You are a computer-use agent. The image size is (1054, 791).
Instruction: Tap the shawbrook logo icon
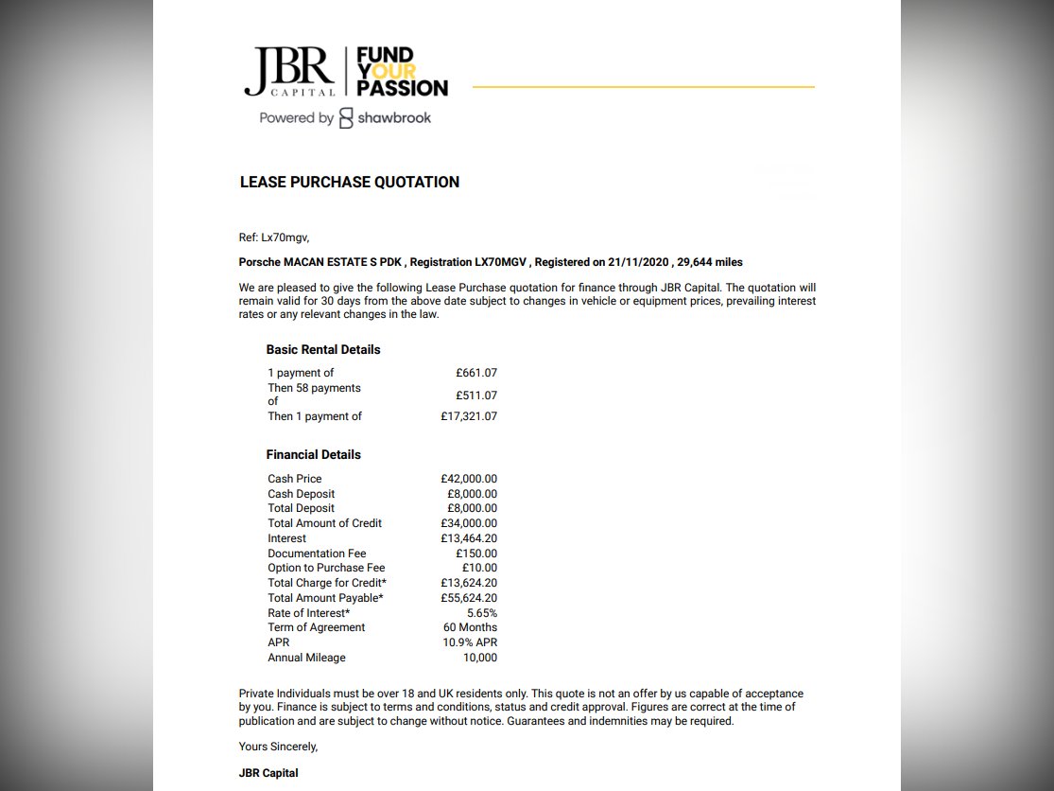tap(346, 118)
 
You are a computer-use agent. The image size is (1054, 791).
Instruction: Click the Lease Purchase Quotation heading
tap(350, 182)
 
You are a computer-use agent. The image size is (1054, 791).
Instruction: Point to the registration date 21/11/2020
tap(638, 262)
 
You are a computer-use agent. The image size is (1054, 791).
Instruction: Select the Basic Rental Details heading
tap(323, 349)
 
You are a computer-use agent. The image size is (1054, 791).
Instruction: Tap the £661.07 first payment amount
tap(475, 373)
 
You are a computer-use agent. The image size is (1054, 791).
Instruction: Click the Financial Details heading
tap(313, 454)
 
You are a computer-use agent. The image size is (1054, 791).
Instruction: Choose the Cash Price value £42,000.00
tap(468, 479)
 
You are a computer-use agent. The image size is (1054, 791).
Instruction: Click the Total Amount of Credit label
tap(324, 523)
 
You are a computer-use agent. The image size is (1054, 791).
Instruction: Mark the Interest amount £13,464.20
tap(468, 538)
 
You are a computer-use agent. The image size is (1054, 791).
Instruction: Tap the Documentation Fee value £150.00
tap(475, 554)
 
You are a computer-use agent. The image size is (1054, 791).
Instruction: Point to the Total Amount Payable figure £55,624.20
tap(468, 598)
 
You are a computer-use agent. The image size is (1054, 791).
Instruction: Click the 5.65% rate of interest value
tap(481, 613)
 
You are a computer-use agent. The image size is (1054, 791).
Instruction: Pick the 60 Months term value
tap(470, 627)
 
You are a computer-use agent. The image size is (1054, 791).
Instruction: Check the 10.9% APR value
tap(470, 642)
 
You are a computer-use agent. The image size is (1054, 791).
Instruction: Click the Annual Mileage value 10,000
tap(477, 658)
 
